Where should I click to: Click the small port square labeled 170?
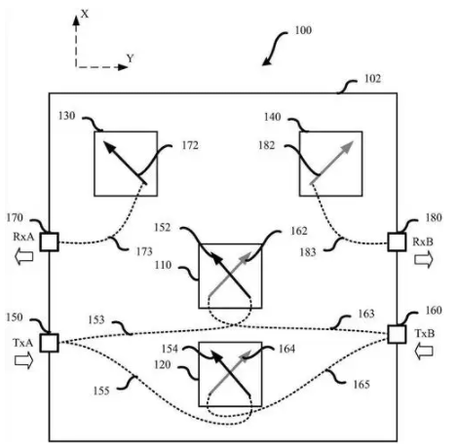[50, 242]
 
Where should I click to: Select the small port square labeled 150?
[50, 343]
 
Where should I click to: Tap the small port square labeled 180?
[397, 242]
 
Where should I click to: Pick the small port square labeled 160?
[397, 334]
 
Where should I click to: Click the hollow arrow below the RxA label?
[24, 256]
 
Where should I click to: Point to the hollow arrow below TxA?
[24, 360]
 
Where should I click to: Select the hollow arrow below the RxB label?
[424, 260]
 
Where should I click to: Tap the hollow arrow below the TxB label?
[424, 352]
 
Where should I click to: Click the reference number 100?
[303, 30]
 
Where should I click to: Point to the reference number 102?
[372, 79]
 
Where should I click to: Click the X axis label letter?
[85, 14]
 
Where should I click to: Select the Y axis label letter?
[130, 58]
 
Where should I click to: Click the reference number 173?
[144, 251]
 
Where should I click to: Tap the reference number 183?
[308, 252]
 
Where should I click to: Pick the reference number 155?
[101, 391]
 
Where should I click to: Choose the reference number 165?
[362, 385]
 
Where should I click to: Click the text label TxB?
[424, 333]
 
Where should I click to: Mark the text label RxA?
[23, 237]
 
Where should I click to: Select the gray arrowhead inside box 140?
[347, 148]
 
